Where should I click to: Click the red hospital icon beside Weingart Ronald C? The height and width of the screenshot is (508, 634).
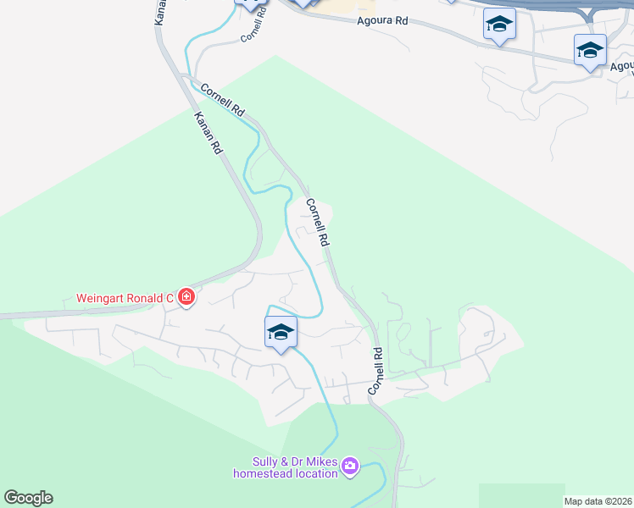(186, 297)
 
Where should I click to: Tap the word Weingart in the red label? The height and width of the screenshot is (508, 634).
(101, 298)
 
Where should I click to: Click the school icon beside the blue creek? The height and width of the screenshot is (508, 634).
(281, 332)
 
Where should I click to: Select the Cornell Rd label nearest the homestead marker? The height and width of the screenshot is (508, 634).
(376, 371)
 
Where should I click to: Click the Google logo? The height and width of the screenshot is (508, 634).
(28, 498)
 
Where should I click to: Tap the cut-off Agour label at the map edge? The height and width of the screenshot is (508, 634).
(621, 65)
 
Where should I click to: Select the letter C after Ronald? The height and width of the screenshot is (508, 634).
(170, 298)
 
